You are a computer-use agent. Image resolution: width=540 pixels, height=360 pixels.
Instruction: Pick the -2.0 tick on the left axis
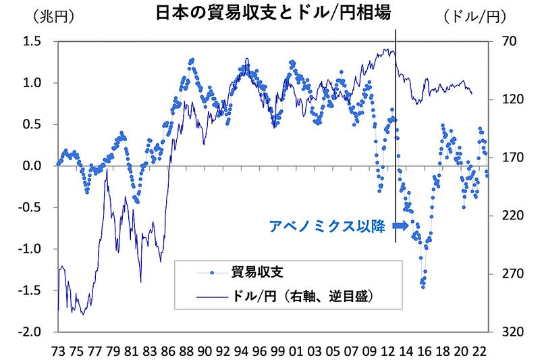(x=31, y=332)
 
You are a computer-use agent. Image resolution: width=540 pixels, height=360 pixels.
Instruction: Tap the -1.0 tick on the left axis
(x=31, y=249)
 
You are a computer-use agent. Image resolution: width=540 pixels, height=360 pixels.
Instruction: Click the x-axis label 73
(x=59, y=351)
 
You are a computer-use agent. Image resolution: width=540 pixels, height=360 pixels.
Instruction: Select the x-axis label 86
(x=168, y=351)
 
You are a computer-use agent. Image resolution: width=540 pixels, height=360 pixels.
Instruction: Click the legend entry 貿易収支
(x=259, y=272)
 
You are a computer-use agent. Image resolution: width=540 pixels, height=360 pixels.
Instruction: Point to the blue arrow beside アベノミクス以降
(x=400, y=226)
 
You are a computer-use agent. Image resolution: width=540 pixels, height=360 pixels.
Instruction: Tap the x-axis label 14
(x=406, y=351)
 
